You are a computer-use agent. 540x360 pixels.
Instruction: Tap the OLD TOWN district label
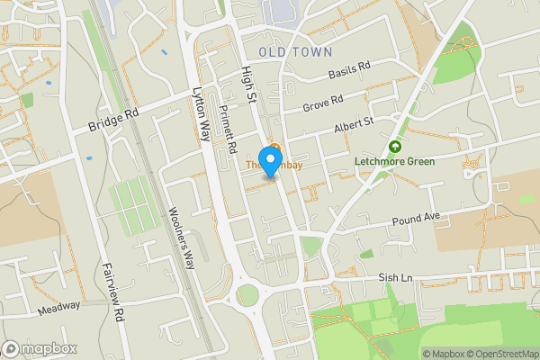tap(295, 52)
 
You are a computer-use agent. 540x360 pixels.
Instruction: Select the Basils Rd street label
tap(350, 69)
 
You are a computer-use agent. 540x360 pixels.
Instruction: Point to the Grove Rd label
tap(323, 103)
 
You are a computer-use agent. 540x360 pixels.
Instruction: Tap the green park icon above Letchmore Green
tap(394, 147)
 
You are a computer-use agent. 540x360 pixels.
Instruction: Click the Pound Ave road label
tap(416, 219)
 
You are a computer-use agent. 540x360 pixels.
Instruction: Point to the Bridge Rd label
tap(113, 119)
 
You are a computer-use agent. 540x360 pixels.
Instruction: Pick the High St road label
tap(249, 84)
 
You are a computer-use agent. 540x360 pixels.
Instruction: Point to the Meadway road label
tap(59, 309)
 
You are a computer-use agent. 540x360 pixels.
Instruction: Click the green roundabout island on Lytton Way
tap(247, 294)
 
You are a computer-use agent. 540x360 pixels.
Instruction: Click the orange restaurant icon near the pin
tap(275, 148)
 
